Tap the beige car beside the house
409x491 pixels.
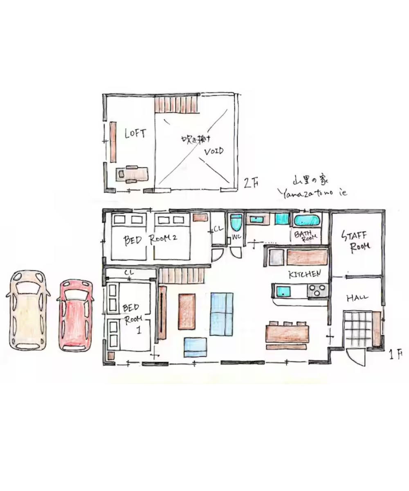point(28,310)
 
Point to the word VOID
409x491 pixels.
point(213,151)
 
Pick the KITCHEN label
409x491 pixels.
point(304,274)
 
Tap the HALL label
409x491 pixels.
point(357,298)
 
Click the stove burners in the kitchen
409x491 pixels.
point(317,290)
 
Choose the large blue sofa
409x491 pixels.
point(222,314)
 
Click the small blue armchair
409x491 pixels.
point(196,347)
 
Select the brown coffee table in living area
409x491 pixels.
point(187,311)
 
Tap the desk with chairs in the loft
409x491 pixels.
point(132,174)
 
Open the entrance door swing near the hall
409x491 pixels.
point(356,358)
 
